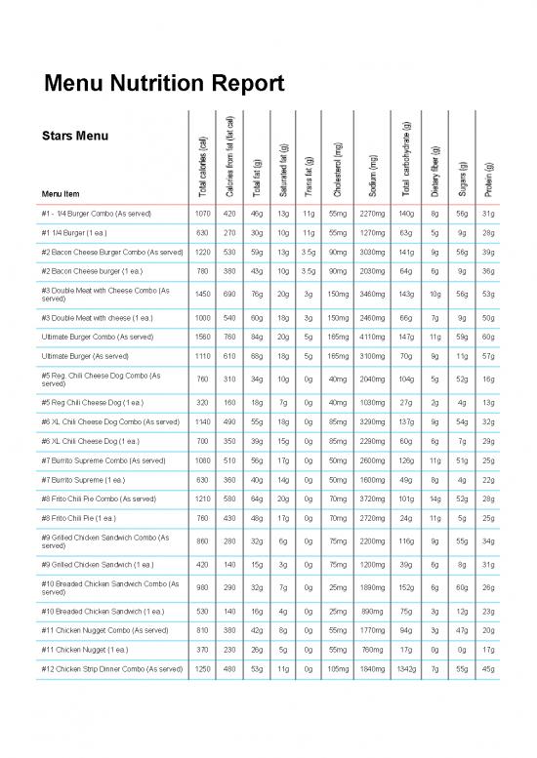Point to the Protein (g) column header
(x=488, y=179)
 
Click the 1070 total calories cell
(x=202, y=212)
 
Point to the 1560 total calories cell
(x=202, y=336)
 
